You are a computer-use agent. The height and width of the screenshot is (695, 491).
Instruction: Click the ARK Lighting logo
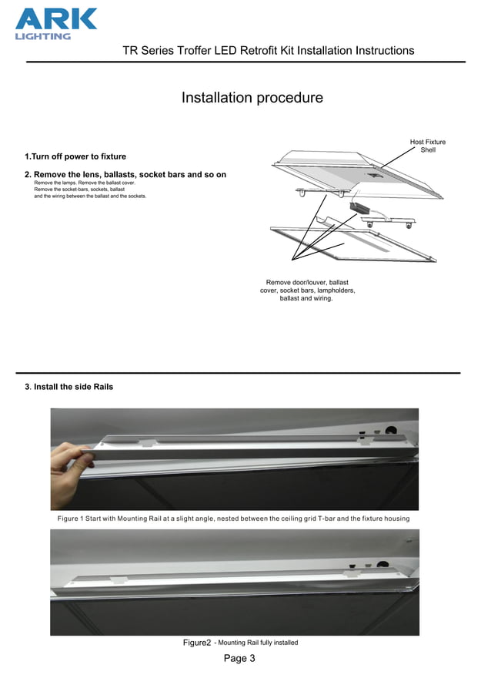pos(56,22)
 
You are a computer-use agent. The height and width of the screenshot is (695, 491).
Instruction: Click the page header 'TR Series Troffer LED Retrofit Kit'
pos(268,51)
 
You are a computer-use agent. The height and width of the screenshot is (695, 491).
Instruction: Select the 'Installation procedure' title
pos(252,98)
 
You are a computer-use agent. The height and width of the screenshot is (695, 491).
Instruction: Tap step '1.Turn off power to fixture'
pos(75,156)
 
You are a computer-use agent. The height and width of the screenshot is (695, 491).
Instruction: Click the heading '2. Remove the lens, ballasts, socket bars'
pos(125,175)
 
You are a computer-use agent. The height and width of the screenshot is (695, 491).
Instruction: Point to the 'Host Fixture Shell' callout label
pos(427,146)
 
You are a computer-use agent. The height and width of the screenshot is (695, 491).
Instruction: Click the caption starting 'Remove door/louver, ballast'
pos(307,290)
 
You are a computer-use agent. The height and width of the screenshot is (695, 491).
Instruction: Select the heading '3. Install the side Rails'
pos(69,387)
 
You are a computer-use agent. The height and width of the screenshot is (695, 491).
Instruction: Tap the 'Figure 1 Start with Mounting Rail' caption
pos(233,519)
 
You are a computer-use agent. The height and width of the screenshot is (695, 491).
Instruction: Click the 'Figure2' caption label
pos(196,643)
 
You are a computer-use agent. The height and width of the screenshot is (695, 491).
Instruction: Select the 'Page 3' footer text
pos(239,658)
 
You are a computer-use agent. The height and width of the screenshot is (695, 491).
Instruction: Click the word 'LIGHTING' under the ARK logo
pos(42,36)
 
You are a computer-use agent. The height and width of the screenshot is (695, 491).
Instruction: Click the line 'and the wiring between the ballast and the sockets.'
pos(90,196)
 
